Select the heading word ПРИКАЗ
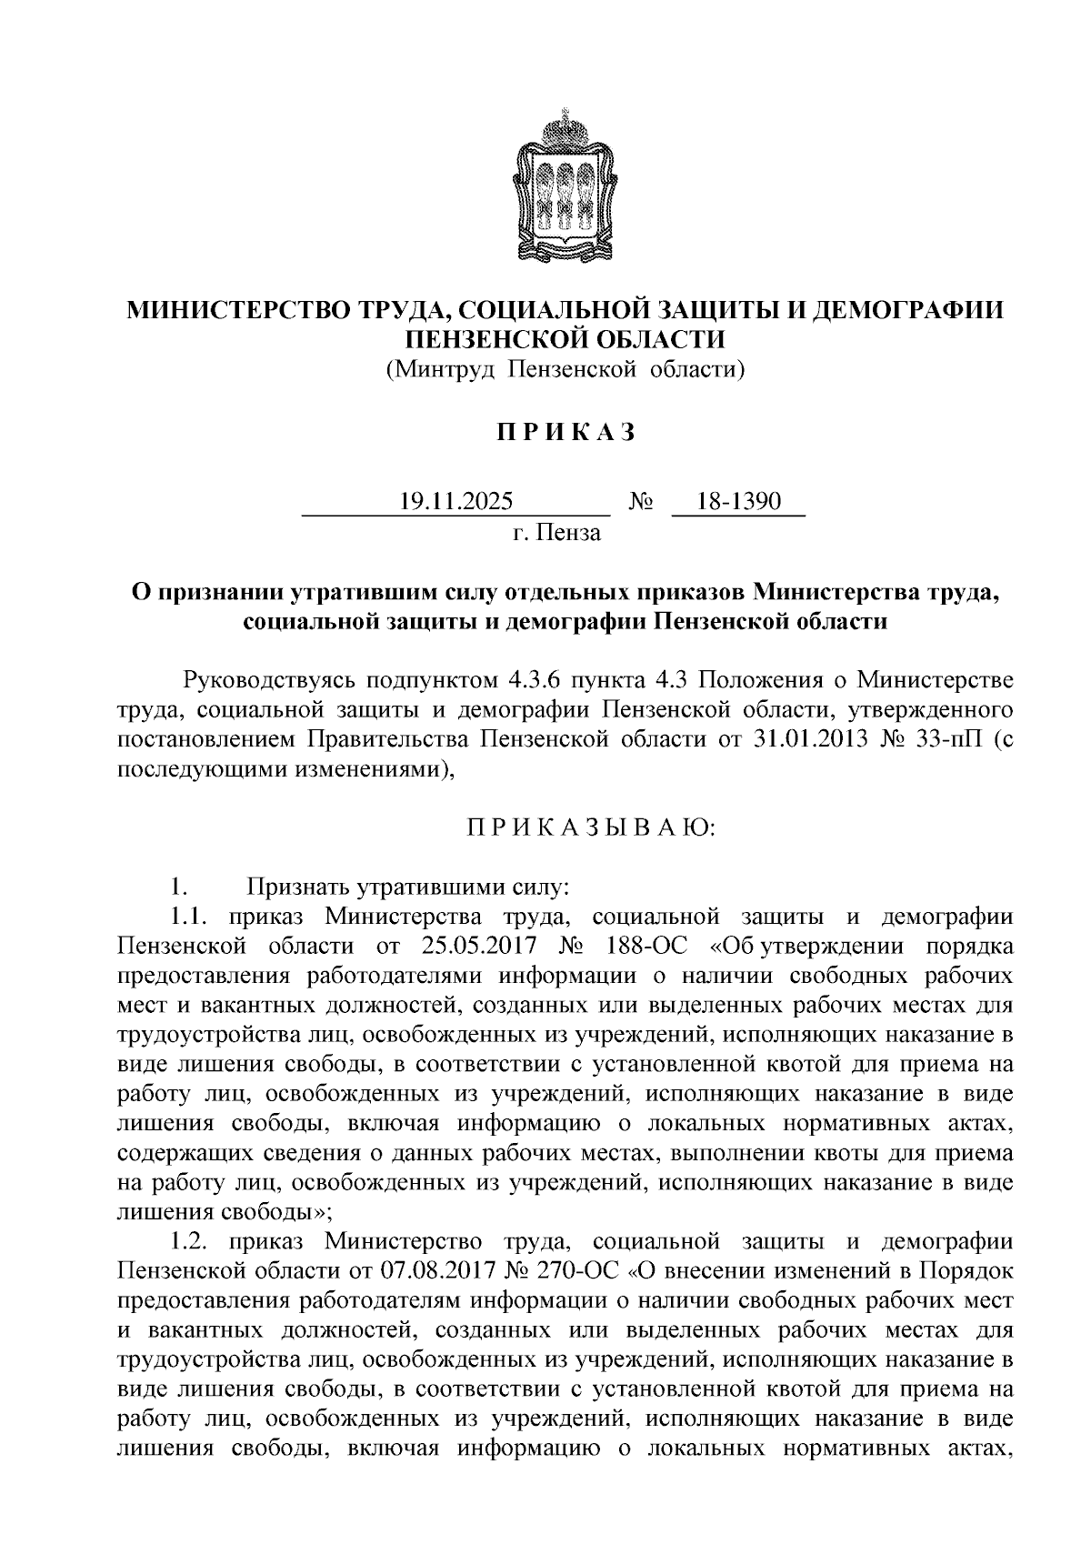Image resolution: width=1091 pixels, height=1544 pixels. click(x=565, y=433)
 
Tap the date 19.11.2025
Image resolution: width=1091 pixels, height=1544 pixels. click(x=456, y=501)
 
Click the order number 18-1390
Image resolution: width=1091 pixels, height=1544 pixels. click(x=738, y=501)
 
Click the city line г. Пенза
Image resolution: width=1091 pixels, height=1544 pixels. click(x=556, y=532)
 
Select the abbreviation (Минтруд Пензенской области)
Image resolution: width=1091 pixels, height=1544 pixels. click(x=565, y=369)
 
